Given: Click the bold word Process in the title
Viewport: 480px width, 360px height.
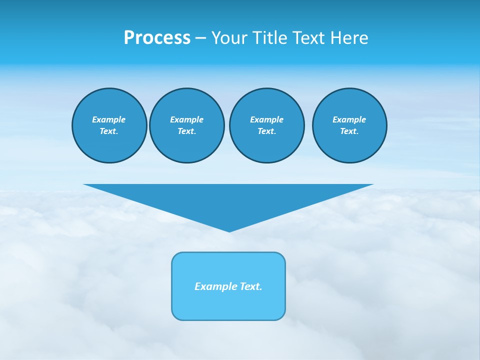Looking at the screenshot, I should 157,38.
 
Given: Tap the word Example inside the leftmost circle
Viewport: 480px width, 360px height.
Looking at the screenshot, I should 109,119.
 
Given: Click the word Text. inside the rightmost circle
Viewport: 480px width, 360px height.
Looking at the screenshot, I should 349,131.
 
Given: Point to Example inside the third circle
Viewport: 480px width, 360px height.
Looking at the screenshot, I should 266,119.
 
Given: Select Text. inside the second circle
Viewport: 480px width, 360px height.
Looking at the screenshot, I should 186,131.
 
